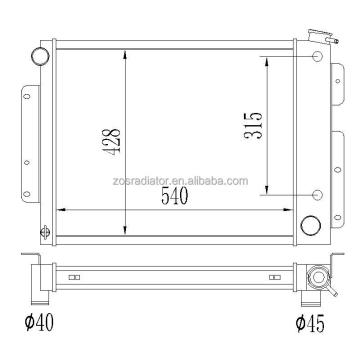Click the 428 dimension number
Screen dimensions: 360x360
coord(112,142)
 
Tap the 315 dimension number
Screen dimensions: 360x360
coord(253,126)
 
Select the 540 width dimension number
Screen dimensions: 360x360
coord(175,196)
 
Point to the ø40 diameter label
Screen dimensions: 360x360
coord(39,323)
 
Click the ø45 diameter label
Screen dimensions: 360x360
coord(310,324)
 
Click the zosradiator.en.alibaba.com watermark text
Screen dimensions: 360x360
coord(181,181)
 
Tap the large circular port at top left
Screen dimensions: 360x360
coord(40,56)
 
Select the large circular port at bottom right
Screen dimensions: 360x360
coord(311,226)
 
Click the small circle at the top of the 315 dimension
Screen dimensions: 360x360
coord(318,56)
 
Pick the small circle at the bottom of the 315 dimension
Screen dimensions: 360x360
coord(318,195)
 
